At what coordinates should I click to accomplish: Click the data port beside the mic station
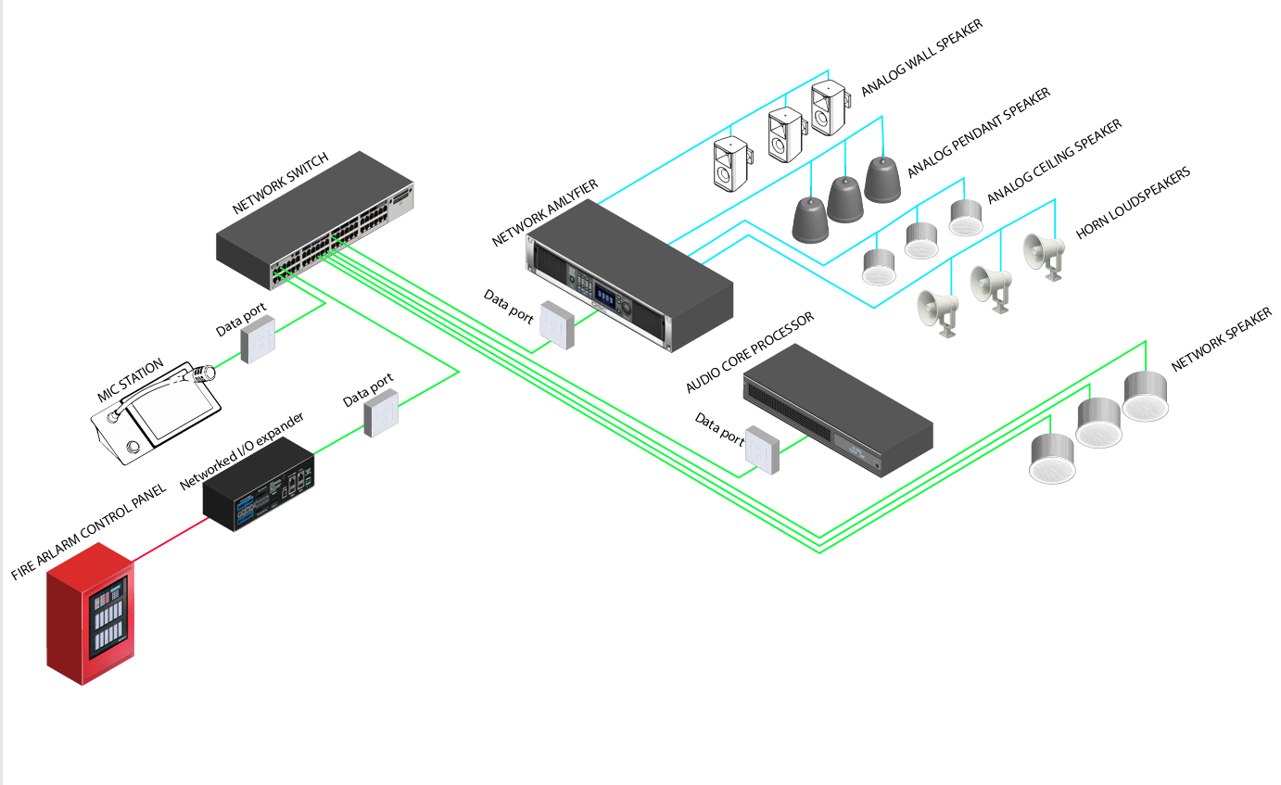pos(258,337)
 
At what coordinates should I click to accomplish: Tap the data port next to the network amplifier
pos(558,323)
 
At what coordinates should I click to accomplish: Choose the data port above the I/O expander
pos(381,411)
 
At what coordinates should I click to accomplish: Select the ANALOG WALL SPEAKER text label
pos(921,57)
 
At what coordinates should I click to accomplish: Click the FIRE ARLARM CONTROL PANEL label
pos(89,533)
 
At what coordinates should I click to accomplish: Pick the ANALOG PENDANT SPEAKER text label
pos(978,133)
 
